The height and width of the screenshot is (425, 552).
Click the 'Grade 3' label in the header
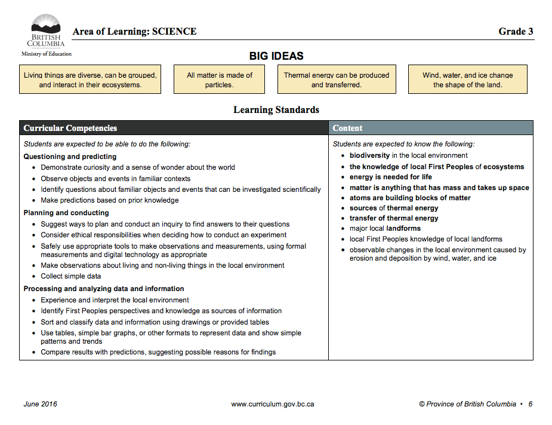[x=516, y=32]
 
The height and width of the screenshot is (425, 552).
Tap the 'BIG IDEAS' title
[x=276, y=56]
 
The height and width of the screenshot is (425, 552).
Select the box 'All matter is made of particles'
[x=219, y=80]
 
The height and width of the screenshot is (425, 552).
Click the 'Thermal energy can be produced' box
[x=336, y=80]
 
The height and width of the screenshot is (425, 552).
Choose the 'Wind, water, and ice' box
[x=467, y=80]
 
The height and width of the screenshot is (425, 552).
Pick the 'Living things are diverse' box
[x=90, y=80]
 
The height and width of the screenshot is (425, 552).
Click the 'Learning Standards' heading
[x=276, y=110]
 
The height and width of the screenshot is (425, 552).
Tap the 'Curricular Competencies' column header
[x=70, y=128]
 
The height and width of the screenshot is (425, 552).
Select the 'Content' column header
[x=347, y=128]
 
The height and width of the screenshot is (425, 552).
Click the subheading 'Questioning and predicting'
[x=70, y=157]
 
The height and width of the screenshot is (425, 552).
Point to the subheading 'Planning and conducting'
[x=66, y=213]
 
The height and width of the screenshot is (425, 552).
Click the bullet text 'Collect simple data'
[x=70, y=276]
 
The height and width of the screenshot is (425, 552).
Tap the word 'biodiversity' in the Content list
[x=369, y=155]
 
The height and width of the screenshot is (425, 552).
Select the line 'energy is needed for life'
[x=390, y=177]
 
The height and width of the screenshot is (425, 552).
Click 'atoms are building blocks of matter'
[x=410, y=198]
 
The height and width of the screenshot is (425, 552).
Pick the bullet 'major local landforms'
[x=385, y=228]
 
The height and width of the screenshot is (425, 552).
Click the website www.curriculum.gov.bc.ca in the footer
[x=273, y=404]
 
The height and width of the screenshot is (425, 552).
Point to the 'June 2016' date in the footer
[x=41, y=404]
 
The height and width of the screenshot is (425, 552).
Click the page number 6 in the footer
[x=530, y=404]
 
